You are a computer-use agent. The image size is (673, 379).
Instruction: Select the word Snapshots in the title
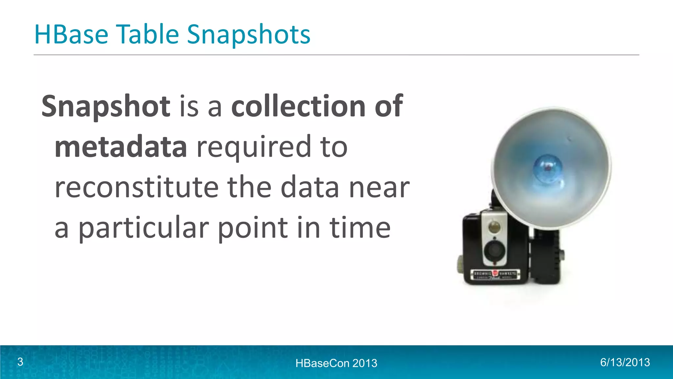point(248,35)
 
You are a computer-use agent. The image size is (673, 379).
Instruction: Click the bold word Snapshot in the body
point(106,107)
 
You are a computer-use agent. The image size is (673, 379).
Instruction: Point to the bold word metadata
point(121,147)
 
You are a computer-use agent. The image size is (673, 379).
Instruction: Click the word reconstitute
point(136,187)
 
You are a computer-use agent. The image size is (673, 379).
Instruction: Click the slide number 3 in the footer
point(20,362)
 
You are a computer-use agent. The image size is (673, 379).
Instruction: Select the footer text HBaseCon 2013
point(336,363)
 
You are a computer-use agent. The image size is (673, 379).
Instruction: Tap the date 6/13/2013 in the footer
point(625,362)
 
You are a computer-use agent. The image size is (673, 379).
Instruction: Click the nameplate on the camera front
point(496,274)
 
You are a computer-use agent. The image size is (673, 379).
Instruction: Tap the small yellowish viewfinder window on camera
point(494,227)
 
